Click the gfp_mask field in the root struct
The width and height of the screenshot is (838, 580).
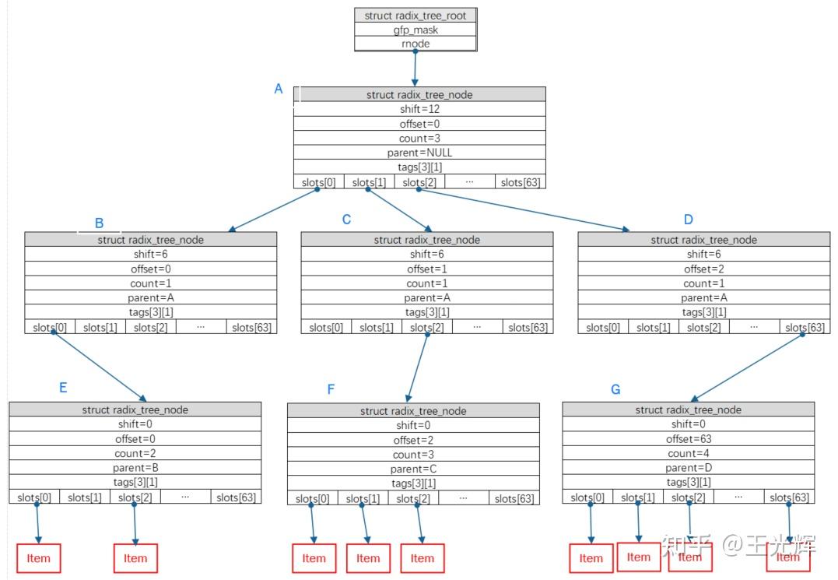point(415,30)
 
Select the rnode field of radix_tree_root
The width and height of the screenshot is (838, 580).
point(415,44)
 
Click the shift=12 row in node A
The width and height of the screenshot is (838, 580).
point(419,109)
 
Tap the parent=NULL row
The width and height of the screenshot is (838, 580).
point(419,153)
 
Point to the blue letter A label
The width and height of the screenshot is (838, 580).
point(279,90)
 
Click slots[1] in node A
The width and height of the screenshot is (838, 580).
point(369,182)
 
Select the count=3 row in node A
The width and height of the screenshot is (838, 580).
point(419,139)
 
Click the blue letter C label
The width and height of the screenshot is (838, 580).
point(346,220)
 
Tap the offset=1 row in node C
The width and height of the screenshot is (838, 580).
point(427,269)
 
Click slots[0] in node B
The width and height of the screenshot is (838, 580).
point(50,328)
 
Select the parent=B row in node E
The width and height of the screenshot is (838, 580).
point(135,469)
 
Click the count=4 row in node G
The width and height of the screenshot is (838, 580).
point(689,454)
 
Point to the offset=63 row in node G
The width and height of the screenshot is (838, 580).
point(689,439)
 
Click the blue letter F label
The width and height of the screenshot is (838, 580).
point(331,389)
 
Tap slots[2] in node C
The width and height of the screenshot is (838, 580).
point(427,328)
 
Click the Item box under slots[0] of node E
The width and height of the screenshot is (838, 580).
point(38,558)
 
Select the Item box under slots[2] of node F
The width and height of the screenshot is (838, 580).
point(423,558)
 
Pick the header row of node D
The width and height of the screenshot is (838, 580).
point(703,240)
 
